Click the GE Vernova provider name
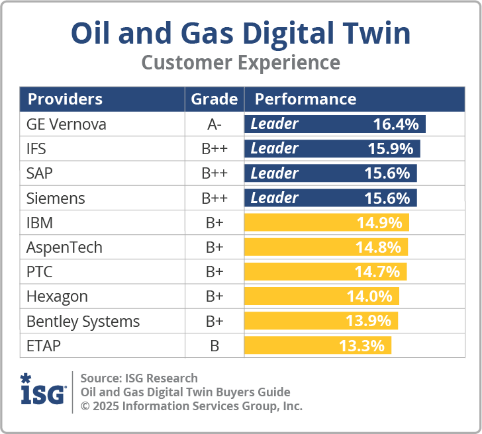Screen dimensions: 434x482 [x=66, y=124]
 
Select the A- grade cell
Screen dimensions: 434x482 [x=214, y=124]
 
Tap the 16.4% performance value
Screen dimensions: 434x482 [x=396, y=124]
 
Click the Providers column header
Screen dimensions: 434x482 [x=65, y=99]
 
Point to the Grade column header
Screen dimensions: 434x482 [x=214, y=99]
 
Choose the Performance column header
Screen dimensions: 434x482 [x=305, y=99]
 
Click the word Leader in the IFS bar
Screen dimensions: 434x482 [x=274, y=148]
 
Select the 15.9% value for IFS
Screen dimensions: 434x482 [x=391, y=148]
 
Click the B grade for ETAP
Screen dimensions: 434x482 [x=214, y=346]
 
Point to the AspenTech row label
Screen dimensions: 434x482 [x=64, y=247]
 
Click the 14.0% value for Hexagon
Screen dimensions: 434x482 [x=369, y=296]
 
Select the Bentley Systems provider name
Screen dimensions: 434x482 [x=83, y=322]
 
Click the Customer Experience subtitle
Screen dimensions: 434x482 [x=240, y=63]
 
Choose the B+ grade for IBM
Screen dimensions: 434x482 [x=214, y=222]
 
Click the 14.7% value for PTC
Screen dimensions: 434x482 [x=377, y=272]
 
